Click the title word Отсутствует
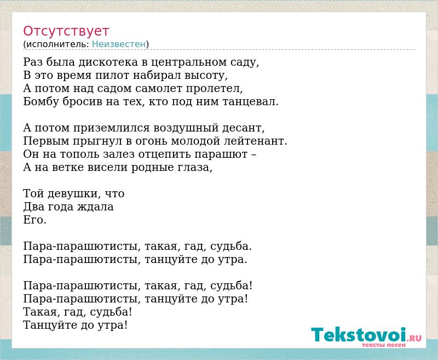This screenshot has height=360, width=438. tap(66, 31)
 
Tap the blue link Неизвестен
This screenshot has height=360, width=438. tap(119, 44)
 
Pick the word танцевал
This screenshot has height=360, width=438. tap(250, 102)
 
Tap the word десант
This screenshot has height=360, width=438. tap(243, 128)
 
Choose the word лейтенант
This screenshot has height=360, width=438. tap(256, 141)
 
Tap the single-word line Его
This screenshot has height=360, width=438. tap(34, 220)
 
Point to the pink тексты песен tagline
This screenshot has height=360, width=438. tap(384, 345)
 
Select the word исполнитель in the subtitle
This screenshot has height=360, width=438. tap(57, 44)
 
